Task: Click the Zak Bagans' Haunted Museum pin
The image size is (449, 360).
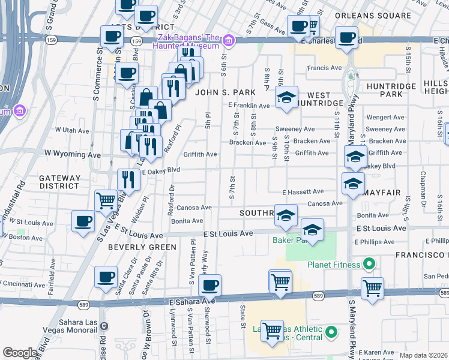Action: pyautogui.click(x=228, y=41)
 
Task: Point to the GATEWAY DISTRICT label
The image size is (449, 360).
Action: pyautogui.click(x=59, y=182)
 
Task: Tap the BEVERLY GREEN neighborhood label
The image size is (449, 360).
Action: pyautogui.click(x=142, y=247)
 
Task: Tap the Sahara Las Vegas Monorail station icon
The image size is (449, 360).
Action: pyautogui.click(x=104, y=326)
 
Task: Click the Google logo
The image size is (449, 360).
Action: pyautogui.click(x=20, y=353)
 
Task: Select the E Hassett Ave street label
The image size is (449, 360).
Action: pyautogui.click(x=303, y=192)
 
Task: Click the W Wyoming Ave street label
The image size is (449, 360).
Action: pyautogui.click(x=73, y=154)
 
